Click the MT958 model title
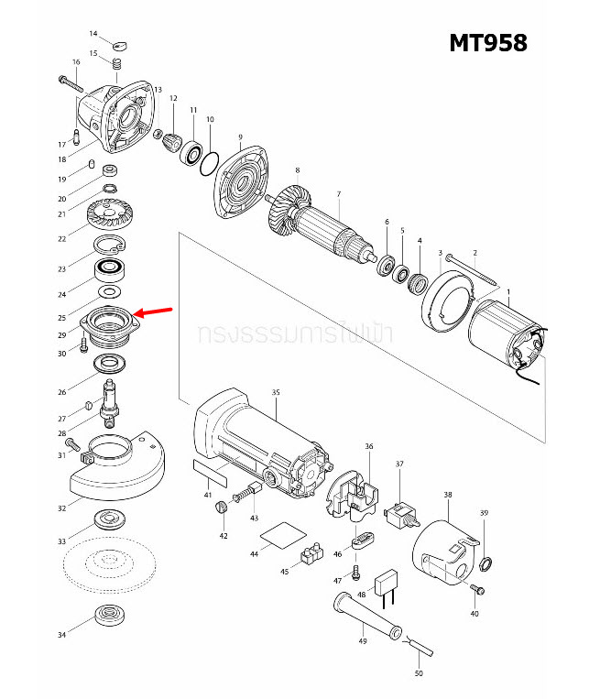click(487, 43)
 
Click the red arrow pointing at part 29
click(157, 314)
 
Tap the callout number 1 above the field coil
click(508, 290)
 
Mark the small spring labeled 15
click(117, 64)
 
